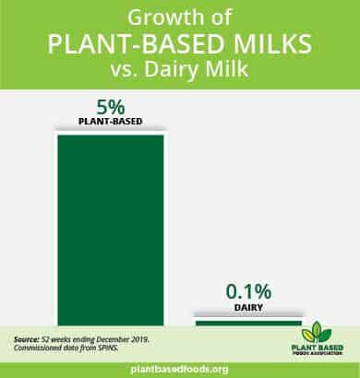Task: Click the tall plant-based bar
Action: click(x=111, y=230)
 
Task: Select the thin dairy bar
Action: click(x=248, y=323)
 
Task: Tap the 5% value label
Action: click(x=111, y=107)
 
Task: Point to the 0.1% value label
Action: click(x=248, y=291)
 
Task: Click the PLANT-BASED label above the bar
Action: click(x=111, y=122)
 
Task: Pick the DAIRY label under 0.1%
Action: click(x=248, y=307)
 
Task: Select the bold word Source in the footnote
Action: click(x=27, y=340)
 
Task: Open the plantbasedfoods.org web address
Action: click(x=180, y=369)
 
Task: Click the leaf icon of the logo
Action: click(x=316, y=332)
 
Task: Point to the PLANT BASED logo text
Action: click(x=318, y=348)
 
